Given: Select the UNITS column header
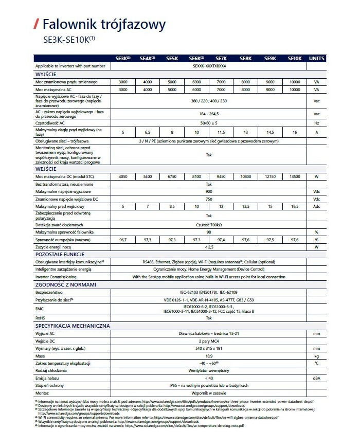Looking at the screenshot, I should point(316,59).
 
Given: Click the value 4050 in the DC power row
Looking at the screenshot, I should point(123,176).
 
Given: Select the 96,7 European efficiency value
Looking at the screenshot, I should point(123,240).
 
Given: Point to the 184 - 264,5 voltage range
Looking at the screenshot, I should point(209,114).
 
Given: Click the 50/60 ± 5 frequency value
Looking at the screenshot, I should point(209,123).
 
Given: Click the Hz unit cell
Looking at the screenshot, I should point(316,123).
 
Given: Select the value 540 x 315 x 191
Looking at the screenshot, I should point(209,348).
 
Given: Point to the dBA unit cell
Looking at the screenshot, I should point(316,378).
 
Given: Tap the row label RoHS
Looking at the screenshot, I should point(41,318).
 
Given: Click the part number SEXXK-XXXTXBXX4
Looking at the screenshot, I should point(209,66).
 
